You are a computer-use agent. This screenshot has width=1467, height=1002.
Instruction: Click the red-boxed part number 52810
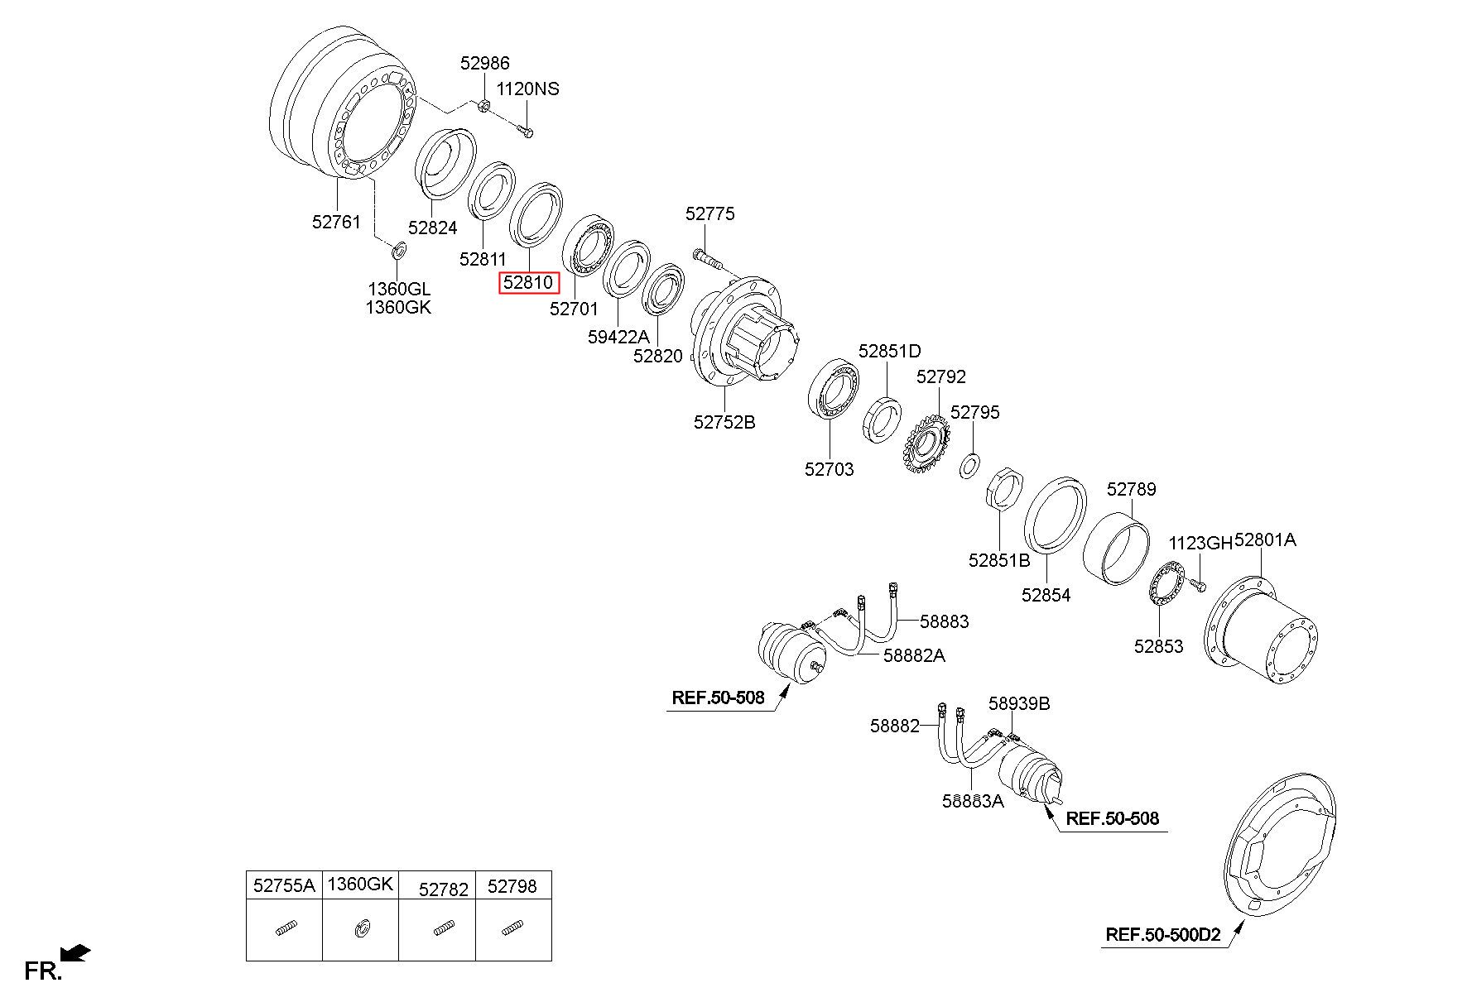click(x=529, y=283)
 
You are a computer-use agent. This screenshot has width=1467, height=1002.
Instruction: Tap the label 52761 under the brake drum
click(x=337, y=221)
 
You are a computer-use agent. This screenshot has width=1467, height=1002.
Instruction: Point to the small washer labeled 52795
click(x=969, y=465)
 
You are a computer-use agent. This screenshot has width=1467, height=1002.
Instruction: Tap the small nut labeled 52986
click(x=485, y=104)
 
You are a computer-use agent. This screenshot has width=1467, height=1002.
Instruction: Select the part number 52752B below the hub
click(x=724, y=422)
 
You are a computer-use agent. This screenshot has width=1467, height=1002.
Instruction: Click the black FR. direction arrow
click(x=75, y=954)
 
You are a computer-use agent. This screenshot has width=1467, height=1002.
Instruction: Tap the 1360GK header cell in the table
click(x=360, y=885)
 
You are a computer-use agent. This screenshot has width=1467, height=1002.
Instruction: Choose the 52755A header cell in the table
click(x=284, y=885)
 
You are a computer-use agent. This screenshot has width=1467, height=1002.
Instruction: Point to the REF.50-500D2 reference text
click(x=1162, y=935)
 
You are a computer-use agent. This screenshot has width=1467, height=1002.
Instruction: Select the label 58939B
click(x=1019, y=703)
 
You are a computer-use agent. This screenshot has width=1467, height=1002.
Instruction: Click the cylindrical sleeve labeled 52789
click(x=1116, y=549)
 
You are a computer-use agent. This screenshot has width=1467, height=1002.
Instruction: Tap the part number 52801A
click(x=1265, y=539)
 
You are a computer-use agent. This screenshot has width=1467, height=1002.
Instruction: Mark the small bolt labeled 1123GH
click(x=1196, y=585)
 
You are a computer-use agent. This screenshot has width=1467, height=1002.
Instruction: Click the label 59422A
click(x=618, y=337)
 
